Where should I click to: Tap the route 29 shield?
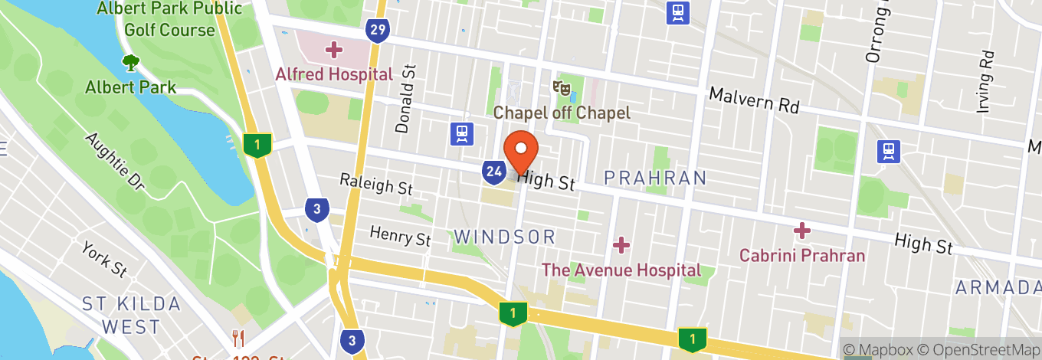pos(377,30)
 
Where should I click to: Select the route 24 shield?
pos(493,172)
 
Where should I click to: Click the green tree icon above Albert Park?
pos(130,61)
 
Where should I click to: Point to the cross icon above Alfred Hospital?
pos(333,51)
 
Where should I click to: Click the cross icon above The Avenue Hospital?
pos(621,245)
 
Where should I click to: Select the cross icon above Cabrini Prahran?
pos(801,230)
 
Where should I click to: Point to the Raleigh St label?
pos(376,185)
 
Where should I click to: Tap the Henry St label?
pos(400,235)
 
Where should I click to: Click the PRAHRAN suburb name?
pos(655,178)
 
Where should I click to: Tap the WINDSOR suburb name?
pos(504,237)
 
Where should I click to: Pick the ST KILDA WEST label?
pos(131,316)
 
